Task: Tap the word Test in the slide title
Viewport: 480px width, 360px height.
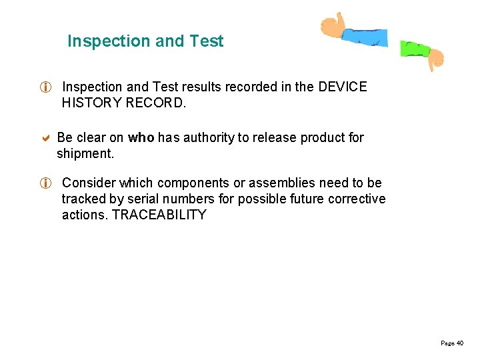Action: pos(207,41)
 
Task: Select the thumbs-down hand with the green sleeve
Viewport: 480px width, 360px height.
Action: pos(423,55)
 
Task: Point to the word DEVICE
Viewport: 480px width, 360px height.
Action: pos(343,87)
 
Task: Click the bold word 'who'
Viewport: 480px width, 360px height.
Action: pos(141,138)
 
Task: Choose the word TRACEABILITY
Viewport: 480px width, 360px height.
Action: pos(159,215)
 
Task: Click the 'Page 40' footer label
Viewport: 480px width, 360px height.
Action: pos(452,343)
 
